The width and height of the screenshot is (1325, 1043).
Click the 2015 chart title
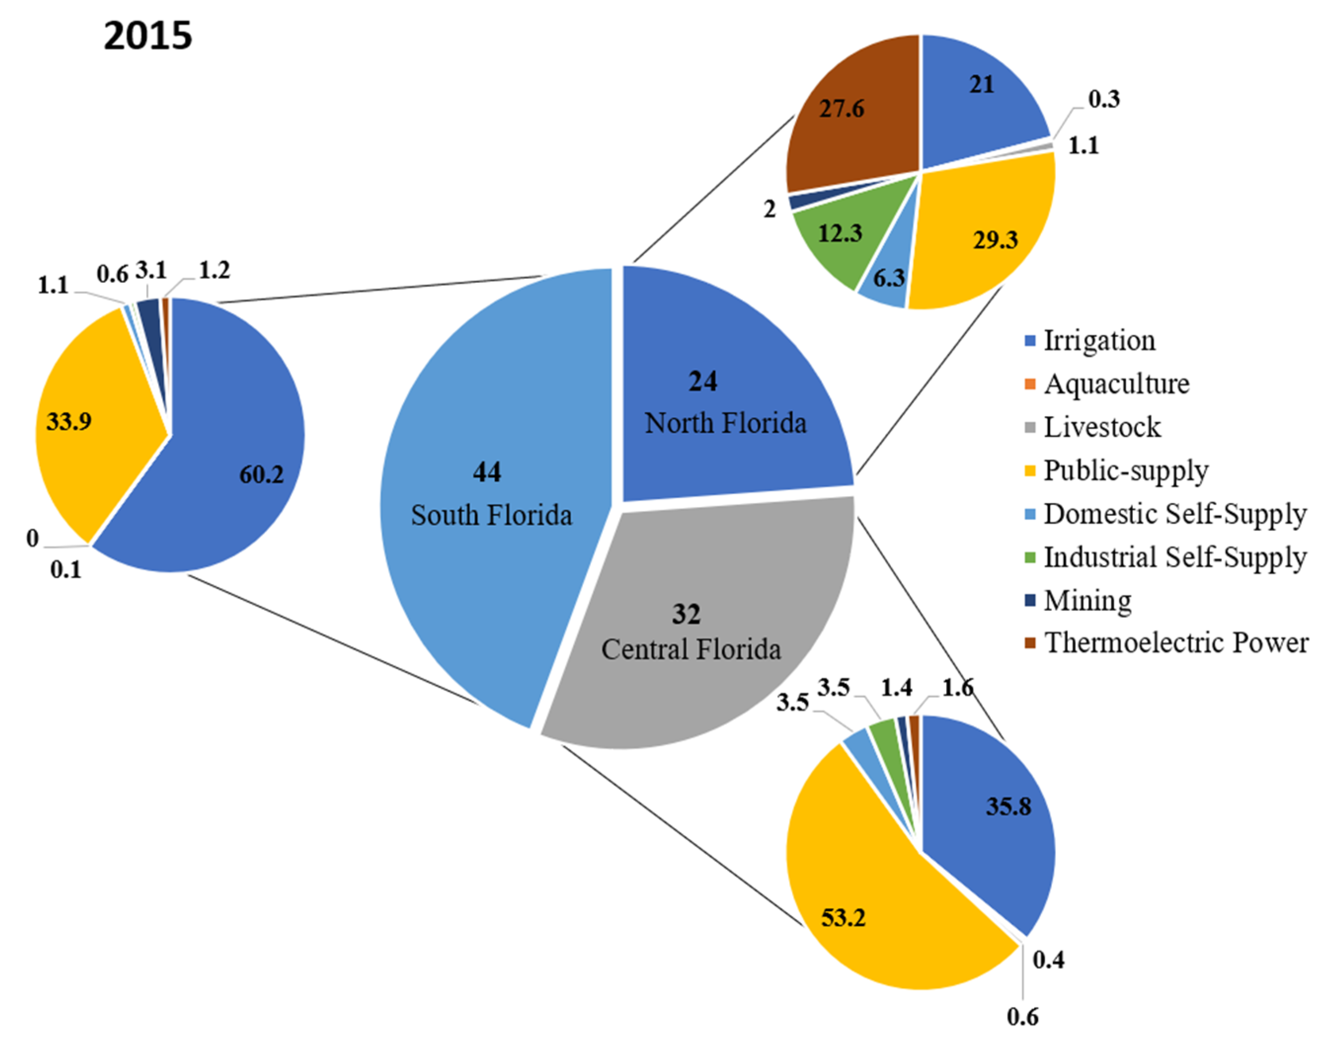pos(148,36)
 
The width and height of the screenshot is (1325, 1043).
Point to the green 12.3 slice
pos(837,244)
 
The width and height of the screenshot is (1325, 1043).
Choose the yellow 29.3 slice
pos(983,232)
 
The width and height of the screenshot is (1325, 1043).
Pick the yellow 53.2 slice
pos(867,904)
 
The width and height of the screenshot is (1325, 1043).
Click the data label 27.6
pos(841,109)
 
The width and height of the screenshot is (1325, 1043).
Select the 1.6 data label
pos(957,688)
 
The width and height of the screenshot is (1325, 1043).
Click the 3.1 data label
pos(150,270)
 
